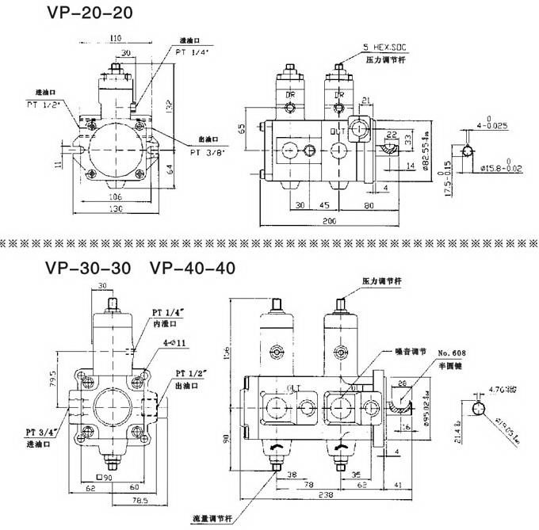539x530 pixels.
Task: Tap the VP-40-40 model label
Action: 193,268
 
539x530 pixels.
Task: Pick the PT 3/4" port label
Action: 40,431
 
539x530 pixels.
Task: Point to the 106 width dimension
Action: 116,196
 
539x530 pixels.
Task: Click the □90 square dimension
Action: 102,478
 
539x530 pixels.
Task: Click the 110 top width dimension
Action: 116,37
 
